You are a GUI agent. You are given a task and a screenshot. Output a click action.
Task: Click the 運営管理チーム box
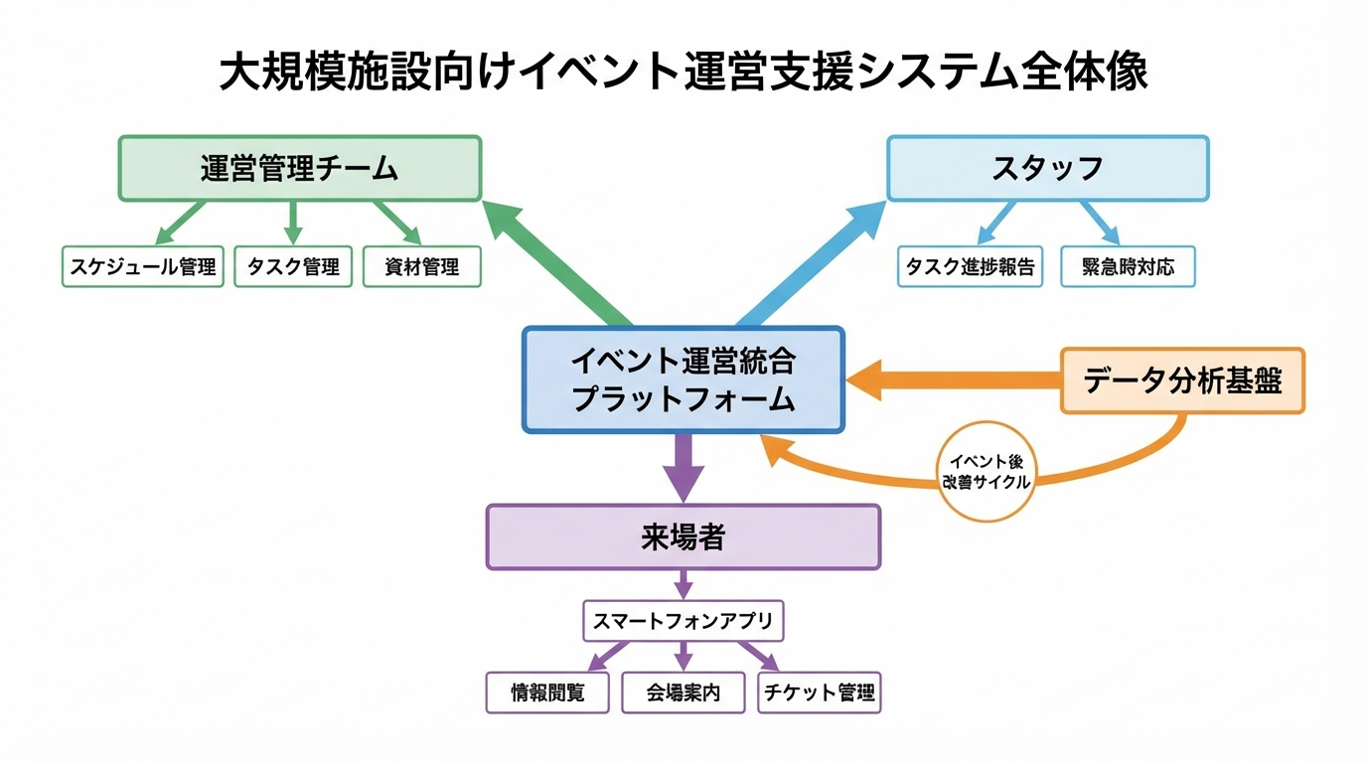[299, 169]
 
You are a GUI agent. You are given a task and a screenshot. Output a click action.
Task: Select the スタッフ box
[1047, 169]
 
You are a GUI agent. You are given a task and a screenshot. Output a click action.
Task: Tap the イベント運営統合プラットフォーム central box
[683, 380]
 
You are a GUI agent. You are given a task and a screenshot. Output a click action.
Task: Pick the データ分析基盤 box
[1182, 381]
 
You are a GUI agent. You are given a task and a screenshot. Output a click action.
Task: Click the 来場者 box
[683, 537]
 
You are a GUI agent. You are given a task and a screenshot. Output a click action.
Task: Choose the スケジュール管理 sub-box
[142, 266]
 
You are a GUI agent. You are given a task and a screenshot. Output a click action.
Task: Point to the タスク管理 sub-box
[293, 266]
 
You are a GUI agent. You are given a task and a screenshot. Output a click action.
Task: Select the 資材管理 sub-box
[422, 266]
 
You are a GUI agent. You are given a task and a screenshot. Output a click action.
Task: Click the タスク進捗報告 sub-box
[970, 266]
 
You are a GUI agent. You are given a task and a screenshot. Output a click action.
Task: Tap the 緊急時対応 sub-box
[1128, 266]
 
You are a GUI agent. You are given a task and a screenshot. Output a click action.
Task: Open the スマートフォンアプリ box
[683, 621]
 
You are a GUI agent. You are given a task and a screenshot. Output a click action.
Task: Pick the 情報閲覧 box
[547, 692]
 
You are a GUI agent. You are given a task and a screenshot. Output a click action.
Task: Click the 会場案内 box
[683, 692]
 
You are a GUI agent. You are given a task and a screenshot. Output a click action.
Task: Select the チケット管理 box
[820, 692]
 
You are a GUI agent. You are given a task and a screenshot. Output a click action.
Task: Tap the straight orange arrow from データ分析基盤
[954, 381]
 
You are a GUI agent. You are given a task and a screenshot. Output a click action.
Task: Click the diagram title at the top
[683, 74]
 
